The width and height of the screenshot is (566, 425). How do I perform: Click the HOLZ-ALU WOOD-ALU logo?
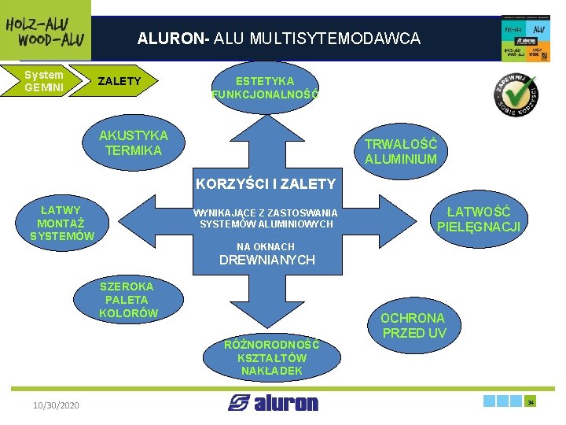(45, 30)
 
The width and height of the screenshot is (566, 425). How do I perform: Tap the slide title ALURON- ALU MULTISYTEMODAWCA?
(278, 38)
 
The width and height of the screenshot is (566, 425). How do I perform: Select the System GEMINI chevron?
(43, 81)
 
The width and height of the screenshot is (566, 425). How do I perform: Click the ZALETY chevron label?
(122, 81)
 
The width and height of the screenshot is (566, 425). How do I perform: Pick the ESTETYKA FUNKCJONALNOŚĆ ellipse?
(265, 87)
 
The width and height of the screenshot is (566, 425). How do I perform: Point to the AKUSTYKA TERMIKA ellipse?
(133, 142)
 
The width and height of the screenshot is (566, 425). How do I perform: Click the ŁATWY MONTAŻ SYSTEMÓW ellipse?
(61, 223)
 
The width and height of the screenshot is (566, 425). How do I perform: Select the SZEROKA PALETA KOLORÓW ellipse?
(127, 300)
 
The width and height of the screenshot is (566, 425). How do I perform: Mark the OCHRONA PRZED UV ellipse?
(413, 325)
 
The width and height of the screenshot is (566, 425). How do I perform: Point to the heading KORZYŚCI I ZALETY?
(265, 184)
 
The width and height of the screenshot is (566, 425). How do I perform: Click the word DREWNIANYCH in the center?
(266, 260)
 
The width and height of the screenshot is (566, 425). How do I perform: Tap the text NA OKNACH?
(266, 246)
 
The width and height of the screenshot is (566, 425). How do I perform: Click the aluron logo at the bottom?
(273, 403)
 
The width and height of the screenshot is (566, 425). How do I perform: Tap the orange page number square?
(531, 401)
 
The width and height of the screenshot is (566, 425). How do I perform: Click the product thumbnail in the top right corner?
(525, 37)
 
